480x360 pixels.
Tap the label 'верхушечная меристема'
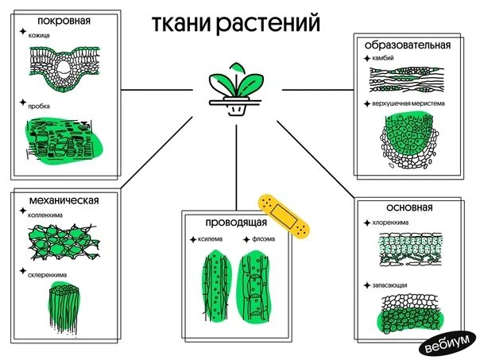click(x=408, y=103)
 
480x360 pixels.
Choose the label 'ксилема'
click(x=211, y=238)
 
